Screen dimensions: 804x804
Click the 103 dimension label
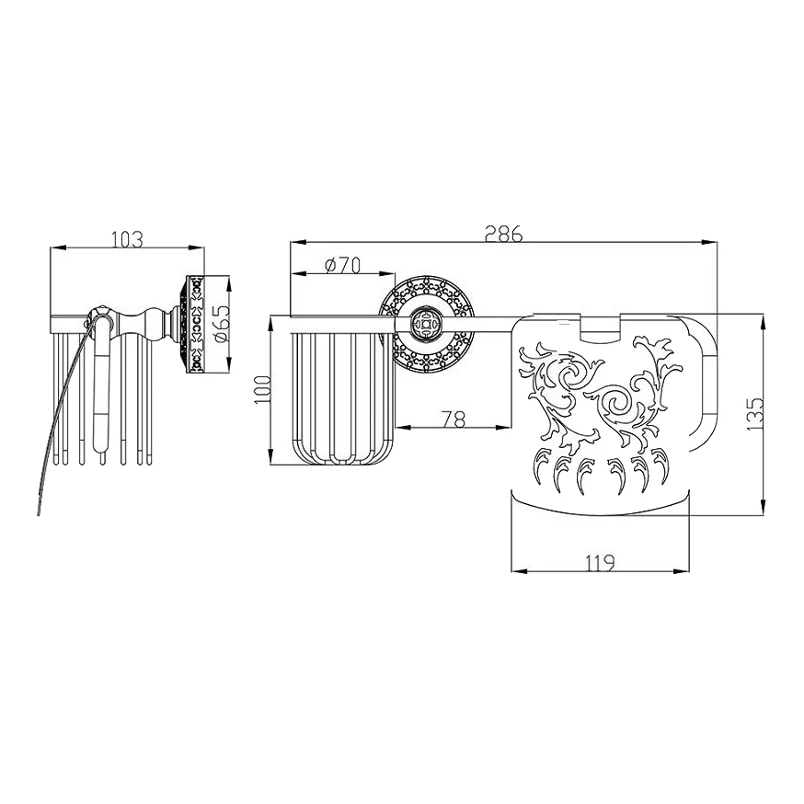[127, 239]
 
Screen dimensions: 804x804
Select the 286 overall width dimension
[504, 234]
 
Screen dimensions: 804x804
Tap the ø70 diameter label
[342, 265]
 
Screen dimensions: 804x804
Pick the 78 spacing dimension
[454, 419]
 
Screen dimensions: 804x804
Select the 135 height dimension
[755, 414]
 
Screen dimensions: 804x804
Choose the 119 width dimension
[600, 563]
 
